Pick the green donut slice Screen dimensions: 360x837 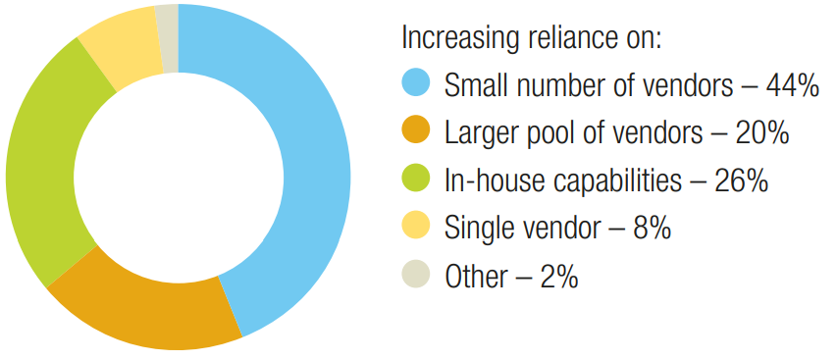(x=44, y=167)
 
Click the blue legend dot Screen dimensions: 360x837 (x=418, y=84)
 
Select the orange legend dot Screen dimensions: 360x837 (x=418, y=132)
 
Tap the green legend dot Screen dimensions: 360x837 (x=418, y=180)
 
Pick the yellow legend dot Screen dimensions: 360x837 (x=418, y=229)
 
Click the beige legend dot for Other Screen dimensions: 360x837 (x=418, y=277)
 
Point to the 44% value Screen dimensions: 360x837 (x=792, y=85)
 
